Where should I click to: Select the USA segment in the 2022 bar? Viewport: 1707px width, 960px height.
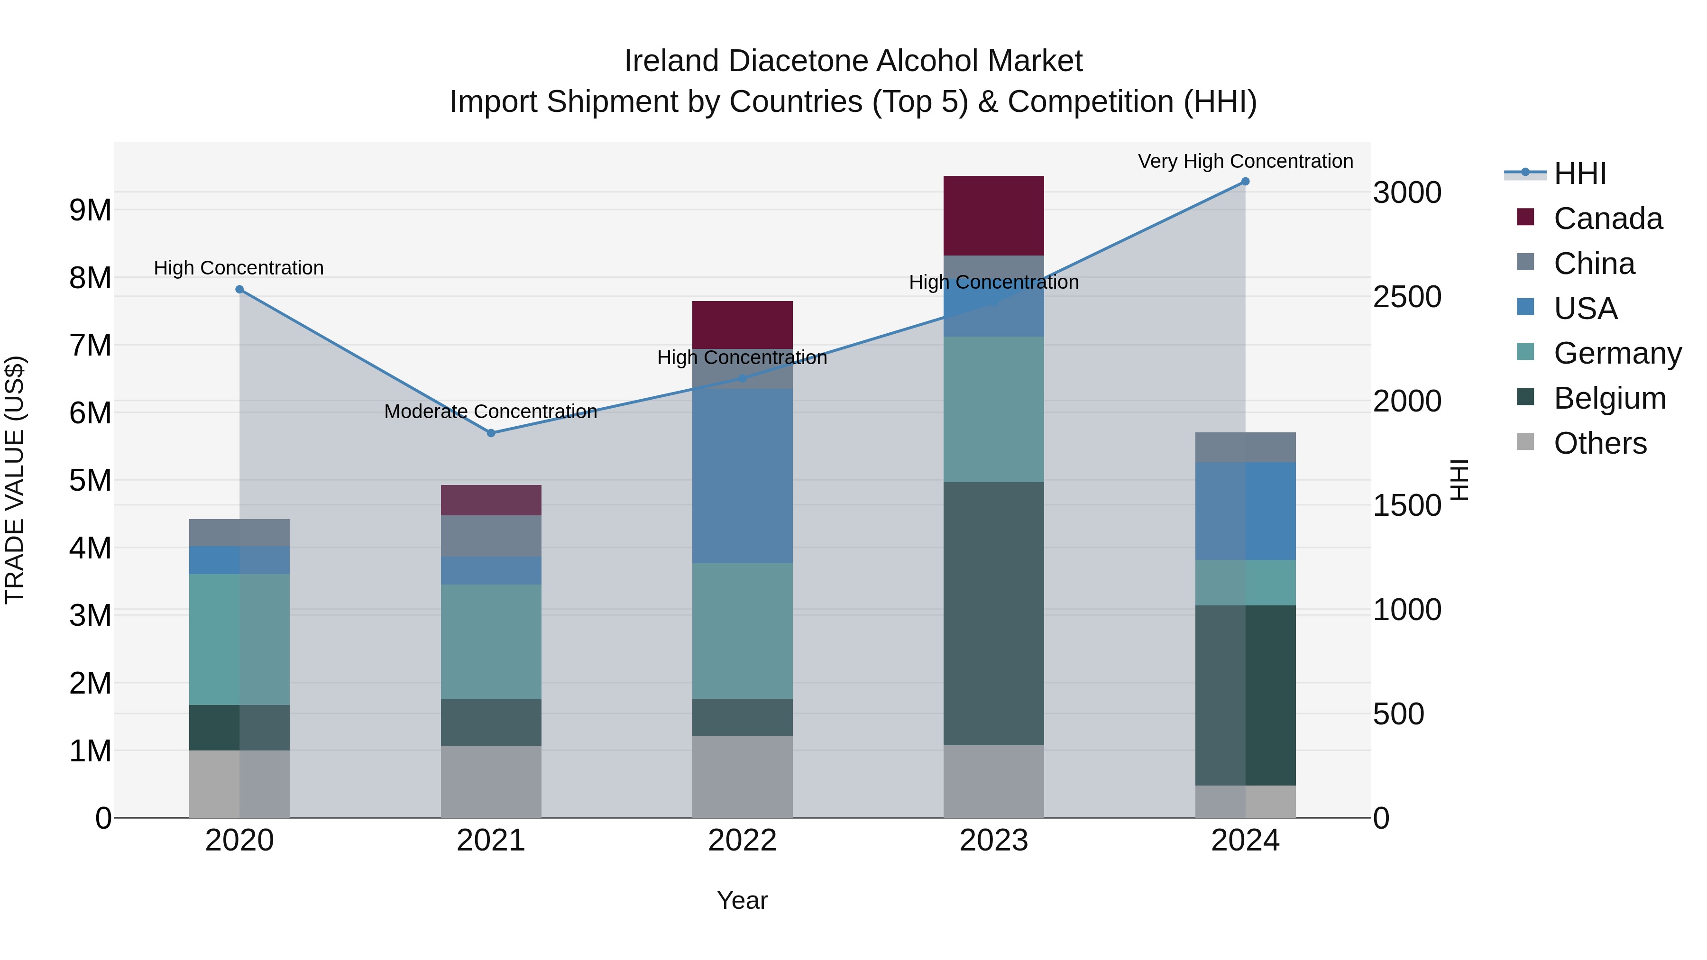click(x=742, y=475)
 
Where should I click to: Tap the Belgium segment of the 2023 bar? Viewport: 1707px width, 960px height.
click(x=993, y=613)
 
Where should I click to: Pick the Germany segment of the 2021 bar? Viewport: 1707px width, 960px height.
click(x=491, y=641)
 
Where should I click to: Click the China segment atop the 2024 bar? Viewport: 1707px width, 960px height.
click(x=1245, y=447)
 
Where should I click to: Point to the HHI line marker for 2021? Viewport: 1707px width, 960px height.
click(x=491, y=433)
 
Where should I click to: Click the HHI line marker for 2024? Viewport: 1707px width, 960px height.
click(x=1245, y=182)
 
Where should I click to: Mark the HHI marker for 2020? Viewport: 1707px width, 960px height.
click(x=240, y=290)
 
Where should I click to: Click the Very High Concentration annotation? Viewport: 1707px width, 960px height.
click(x=1245, y=161)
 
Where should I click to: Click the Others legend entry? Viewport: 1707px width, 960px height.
click(x=1600, y=443)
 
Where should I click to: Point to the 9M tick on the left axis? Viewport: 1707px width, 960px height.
click(x=90, y=210)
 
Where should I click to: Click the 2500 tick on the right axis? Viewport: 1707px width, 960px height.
click(x=1407, y=297)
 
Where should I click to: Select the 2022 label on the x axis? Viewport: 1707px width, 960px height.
click(x=742, y=841)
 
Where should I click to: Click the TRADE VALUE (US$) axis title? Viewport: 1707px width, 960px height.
click(x=15, y=480)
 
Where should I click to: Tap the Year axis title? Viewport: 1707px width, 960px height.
click(x=742, y=900)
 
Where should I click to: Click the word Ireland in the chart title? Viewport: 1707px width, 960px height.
click(x=671, y=61)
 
